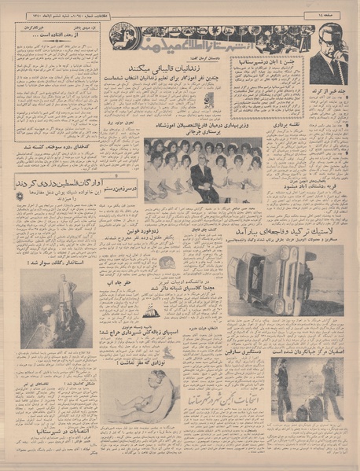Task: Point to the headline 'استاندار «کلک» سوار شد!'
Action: pyautogui.click(x=56, y=263)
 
